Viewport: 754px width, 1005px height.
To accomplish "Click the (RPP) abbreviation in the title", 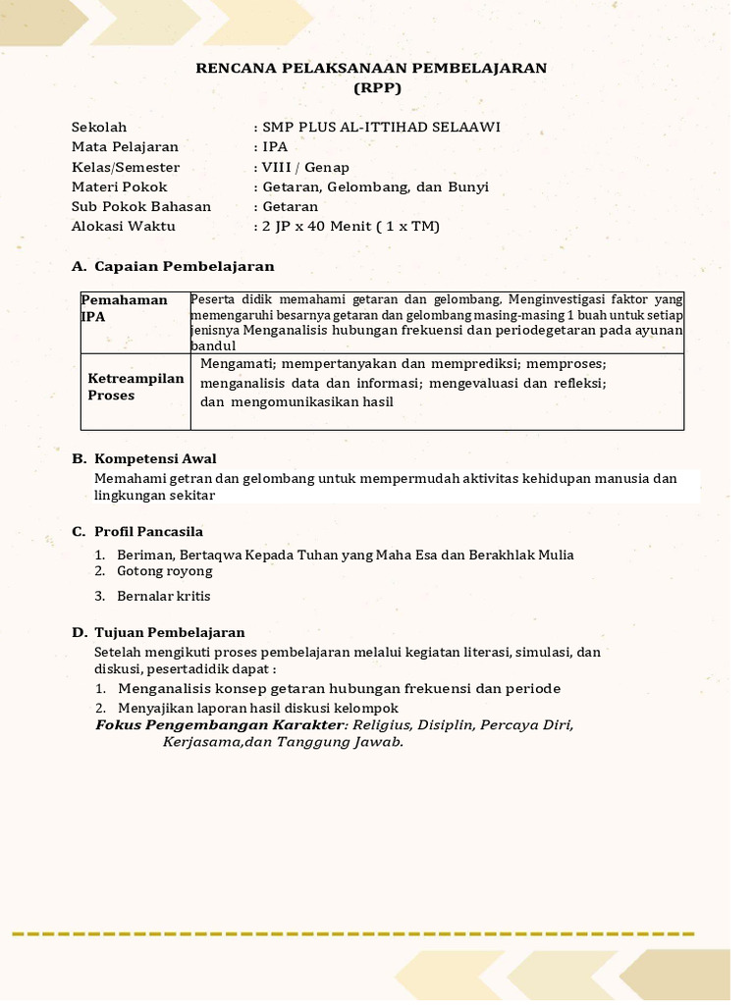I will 377,88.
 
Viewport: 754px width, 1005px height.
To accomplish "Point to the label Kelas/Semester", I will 126,168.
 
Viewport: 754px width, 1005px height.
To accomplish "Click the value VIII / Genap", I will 305,168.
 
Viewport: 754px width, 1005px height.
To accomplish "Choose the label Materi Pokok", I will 120,187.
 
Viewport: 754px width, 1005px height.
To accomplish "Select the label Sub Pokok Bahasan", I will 141,207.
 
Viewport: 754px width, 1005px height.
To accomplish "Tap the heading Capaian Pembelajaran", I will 185,267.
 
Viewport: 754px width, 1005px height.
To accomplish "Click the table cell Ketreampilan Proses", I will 135,387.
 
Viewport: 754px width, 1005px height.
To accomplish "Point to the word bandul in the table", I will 213,346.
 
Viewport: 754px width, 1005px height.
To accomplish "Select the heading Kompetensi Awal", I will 155,459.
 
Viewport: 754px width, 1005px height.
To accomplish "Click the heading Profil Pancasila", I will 148,532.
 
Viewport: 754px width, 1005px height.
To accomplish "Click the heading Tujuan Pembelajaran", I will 170,633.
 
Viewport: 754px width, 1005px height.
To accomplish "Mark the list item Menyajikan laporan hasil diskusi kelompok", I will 258,709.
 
